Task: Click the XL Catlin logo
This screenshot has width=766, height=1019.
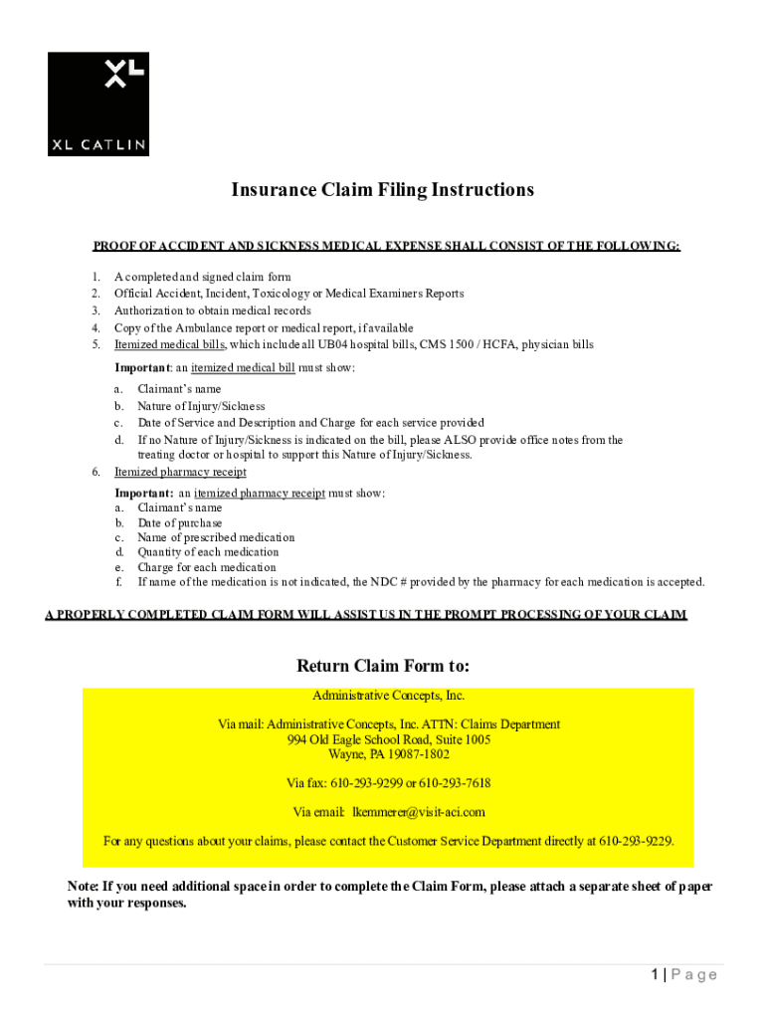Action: point(98,103)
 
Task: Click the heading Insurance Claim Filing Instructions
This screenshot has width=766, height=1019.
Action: point(383,190)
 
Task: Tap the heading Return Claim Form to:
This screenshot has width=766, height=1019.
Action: point(383,665)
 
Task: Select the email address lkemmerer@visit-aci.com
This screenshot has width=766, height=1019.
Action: point(419,812)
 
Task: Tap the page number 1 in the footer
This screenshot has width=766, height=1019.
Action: point(655,975)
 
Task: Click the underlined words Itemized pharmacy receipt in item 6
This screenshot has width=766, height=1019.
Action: point(180,473)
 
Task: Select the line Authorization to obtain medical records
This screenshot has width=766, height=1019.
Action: point(212,310)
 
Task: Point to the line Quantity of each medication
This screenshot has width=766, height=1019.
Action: point(208,552)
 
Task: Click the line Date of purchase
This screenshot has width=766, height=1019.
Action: point(180,523)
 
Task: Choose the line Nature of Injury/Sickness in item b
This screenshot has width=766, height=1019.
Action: point(201,406)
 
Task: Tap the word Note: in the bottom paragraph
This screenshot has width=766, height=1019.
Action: point(83,887)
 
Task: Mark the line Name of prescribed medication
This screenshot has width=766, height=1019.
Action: point(216,537)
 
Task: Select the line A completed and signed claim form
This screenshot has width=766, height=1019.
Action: point(203,277)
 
